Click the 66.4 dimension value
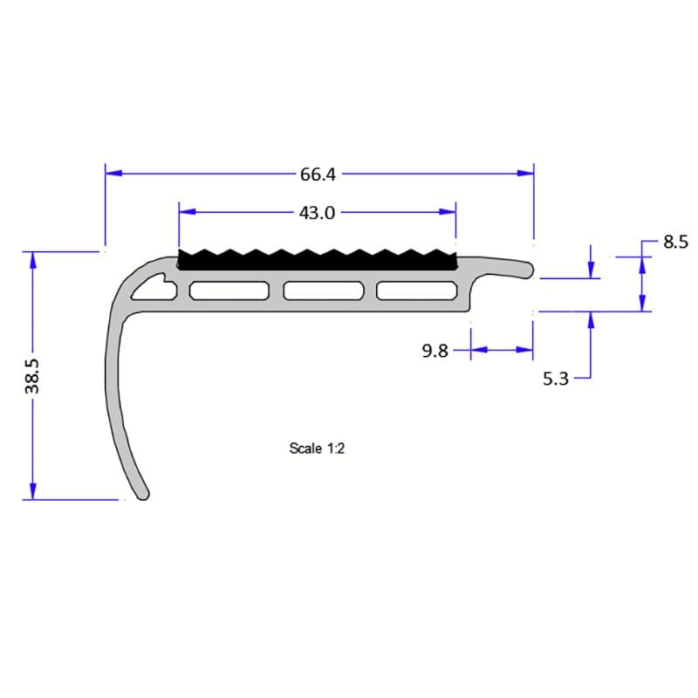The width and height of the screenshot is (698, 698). (x=318, y=174)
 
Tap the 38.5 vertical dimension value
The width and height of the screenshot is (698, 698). (x=33, y=375)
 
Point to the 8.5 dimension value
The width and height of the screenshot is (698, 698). (x=676, y=243)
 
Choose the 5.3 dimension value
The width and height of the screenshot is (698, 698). (x=556, y=379)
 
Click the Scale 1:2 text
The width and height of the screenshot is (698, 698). (x=318, y=448)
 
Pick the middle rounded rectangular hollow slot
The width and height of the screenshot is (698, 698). (x=324, y=291)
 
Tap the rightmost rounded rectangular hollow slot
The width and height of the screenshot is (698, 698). (x=416, y=291)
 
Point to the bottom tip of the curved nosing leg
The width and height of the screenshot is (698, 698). (x=142, y=495)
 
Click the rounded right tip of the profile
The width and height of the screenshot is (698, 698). (x=529, y=270)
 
